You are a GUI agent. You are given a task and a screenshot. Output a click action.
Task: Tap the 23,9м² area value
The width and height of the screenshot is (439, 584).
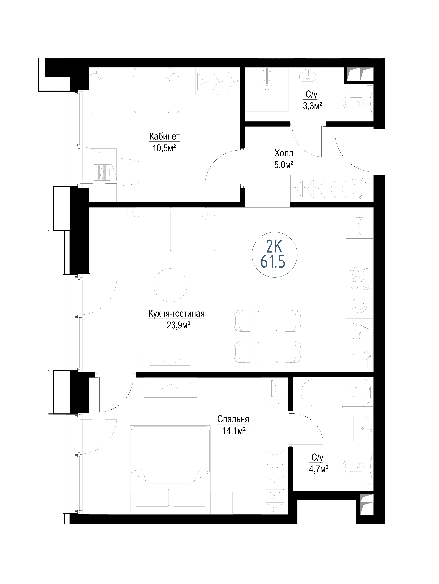pyautogui.click(x=178, y=325)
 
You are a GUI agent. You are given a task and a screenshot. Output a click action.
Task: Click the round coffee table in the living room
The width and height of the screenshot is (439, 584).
pyautogui.click(x=170, y=285)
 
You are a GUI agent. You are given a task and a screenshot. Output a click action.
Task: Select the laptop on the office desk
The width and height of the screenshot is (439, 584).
pyautogui.click(x=102, y=172)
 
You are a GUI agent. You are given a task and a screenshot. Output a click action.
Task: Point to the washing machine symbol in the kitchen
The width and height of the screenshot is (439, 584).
pyautogui.click(x=360, y=306)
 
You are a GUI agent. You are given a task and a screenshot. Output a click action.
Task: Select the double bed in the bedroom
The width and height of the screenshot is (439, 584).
pyautogui.click(x=170, y=470)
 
